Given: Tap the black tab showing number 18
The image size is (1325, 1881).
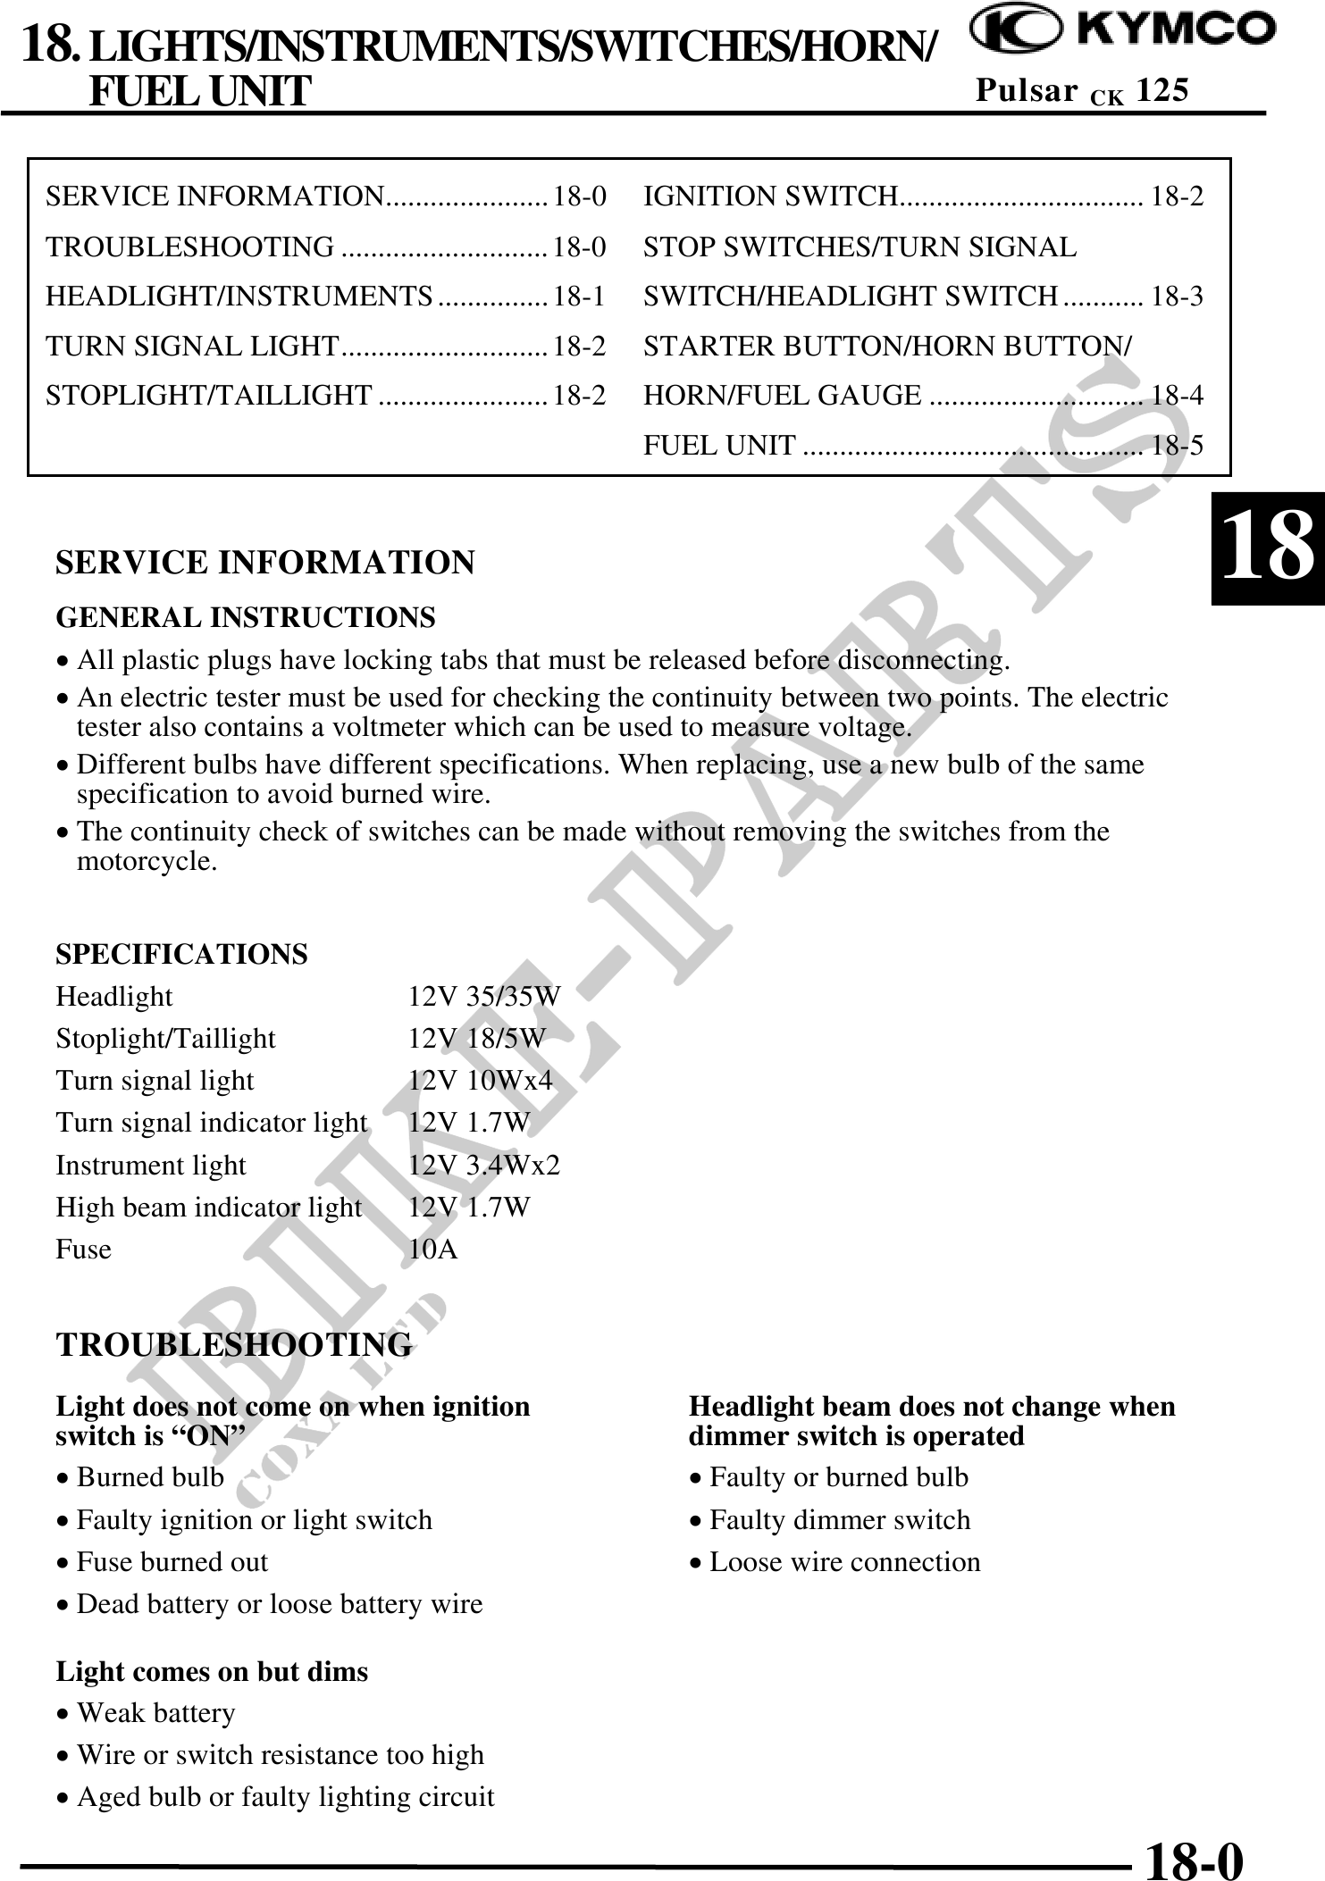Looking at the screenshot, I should click(x=1267, y=548).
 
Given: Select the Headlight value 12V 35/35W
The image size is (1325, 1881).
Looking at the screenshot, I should click(x=484, y=996).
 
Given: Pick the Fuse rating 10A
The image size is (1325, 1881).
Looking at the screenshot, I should click(x=433, y=1249).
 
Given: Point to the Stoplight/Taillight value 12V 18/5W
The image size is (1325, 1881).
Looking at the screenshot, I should click(x=476, y=1038).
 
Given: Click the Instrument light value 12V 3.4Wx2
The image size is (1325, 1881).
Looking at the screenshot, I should click(x=484, y=1165).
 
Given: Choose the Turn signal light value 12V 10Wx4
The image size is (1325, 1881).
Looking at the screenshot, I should click(x=481, y=1081).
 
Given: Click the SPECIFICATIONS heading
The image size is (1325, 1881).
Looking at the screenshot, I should click(x=181, y=954).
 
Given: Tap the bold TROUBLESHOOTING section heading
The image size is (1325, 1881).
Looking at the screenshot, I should click(x=234, y=1344).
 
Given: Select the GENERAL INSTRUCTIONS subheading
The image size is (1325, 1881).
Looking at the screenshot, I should click(x=246, y=617).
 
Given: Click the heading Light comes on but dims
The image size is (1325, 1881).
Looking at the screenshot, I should click(x=212, y=1671).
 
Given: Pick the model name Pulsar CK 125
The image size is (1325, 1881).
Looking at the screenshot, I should click(x=1082, y=90).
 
